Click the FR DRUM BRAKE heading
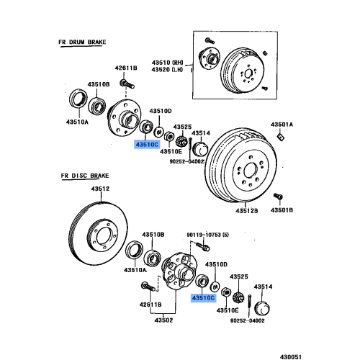tap(82, 42)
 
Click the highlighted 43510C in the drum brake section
tap(147, 145)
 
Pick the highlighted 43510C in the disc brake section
tap(203, 297)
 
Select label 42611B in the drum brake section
tap(125, 68)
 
